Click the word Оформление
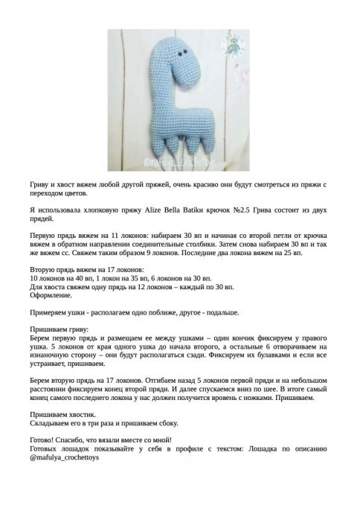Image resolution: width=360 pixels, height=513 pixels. [x=51, y=294]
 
